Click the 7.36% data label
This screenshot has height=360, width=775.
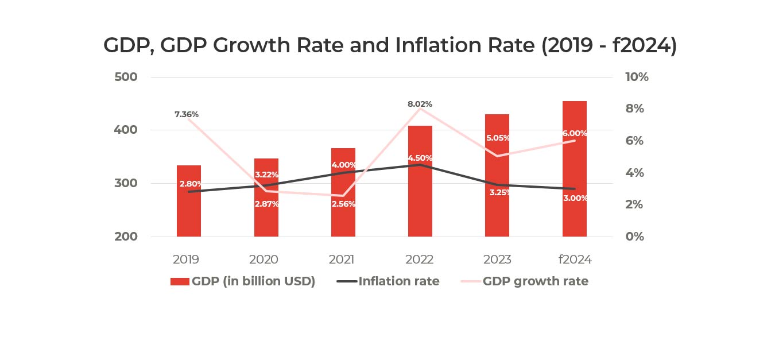click(187, 114)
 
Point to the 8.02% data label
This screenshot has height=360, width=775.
click(420, 104)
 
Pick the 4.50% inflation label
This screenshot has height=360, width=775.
click(420, 158)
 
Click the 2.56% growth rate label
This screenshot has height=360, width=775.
click(343, 204)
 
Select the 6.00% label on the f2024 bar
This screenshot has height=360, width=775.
click(575, 133)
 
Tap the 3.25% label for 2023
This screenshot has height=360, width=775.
click(497, 192)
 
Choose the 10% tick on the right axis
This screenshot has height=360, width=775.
click(635, 77)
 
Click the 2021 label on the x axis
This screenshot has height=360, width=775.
click(342, 260)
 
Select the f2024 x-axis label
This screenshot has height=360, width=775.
click(575, 260)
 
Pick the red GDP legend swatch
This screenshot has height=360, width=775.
click(180, 281)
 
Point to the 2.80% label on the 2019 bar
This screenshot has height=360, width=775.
click(190, 184)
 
